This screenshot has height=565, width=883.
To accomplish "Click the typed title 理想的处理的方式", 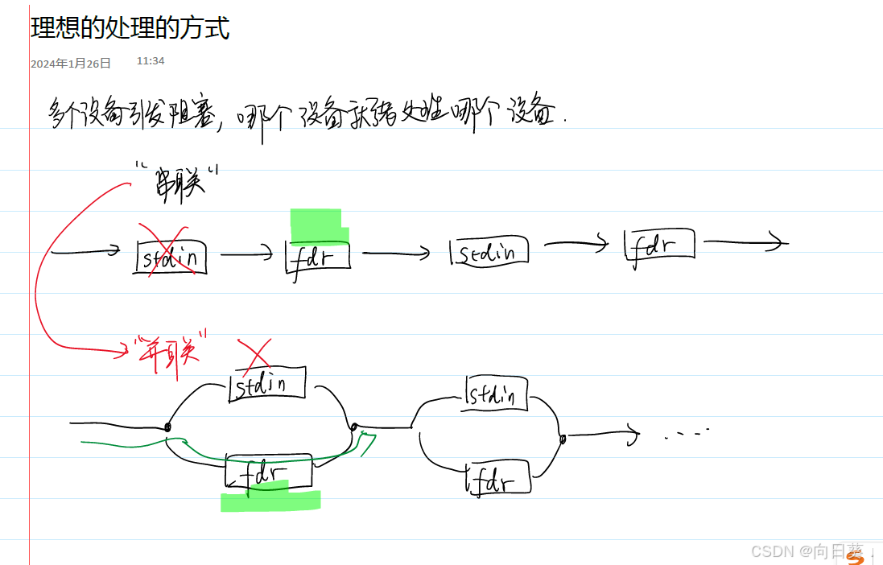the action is coord(130,27).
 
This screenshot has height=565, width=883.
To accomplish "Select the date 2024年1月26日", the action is coord(71,64).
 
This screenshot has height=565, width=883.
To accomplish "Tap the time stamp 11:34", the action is coord(151,61).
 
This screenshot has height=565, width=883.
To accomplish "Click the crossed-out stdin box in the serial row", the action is coord(171,257).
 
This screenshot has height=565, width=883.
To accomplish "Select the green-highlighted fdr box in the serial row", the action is coord(319,254).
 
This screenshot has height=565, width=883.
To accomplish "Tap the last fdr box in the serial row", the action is coord(659,244).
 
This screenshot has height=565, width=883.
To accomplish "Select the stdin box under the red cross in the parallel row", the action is coord(268,384).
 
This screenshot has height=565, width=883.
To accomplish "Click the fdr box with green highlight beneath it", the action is coord(268,472).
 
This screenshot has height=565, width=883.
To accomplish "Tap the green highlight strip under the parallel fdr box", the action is coord(270,500).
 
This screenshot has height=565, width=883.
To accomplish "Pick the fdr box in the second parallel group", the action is coord(498,479).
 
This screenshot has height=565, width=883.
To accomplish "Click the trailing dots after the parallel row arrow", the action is coord(686,434).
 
